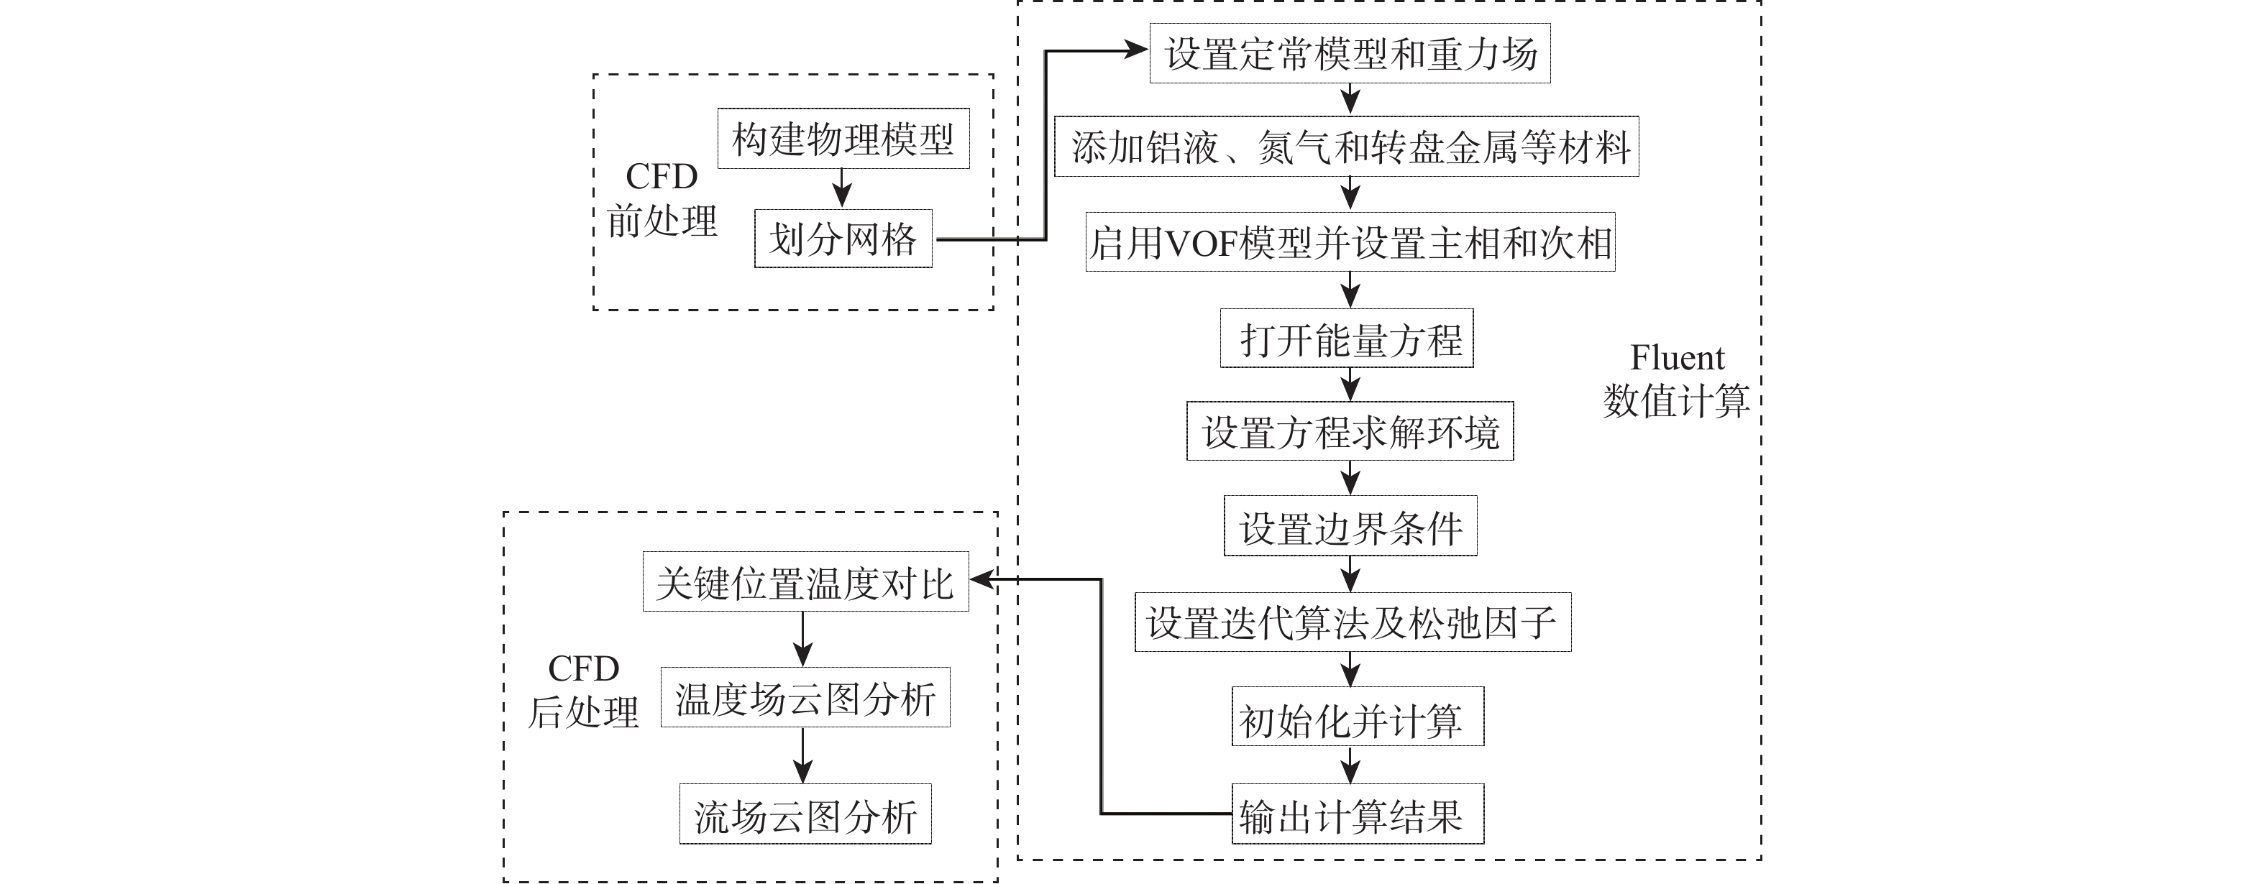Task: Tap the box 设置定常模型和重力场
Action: pyautogui.click(x=1350, y=55)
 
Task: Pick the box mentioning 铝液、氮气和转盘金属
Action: pyautogui.click(x=1346, y=147)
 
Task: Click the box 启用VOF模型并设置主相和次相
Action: pyautogui.click(x=1350, y=241)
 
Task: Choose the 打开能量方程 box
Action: pyautogui.click(x=1346, y=339)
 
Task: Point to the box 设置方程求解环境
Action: pyautogui.click(x=1350, y=431)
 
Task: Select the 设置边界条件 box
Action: pyautogui.click(x=1350, y=526)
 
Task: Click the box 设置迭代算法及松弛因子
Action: pyautogui.click(x=1353, y=622)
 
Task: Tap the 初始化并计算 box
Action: pyautogui.click(x=1357, y=718)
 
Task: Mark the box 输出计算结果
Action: pyautogui.click(x=1357, y=814)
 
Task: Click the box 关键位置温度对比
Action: pyautogui.click(x=805, y=581)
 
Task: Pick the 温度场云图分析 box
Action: pyautogui.click(x=805, y=698)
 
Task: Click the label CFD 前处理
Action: pyautogui.click(x=662, y=200)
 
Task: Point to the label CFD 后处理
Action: pyautogui.click(x=583, y=691)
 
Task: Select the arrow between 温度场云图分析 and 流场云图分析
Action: pyautogui.click(x=802, y=755)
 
